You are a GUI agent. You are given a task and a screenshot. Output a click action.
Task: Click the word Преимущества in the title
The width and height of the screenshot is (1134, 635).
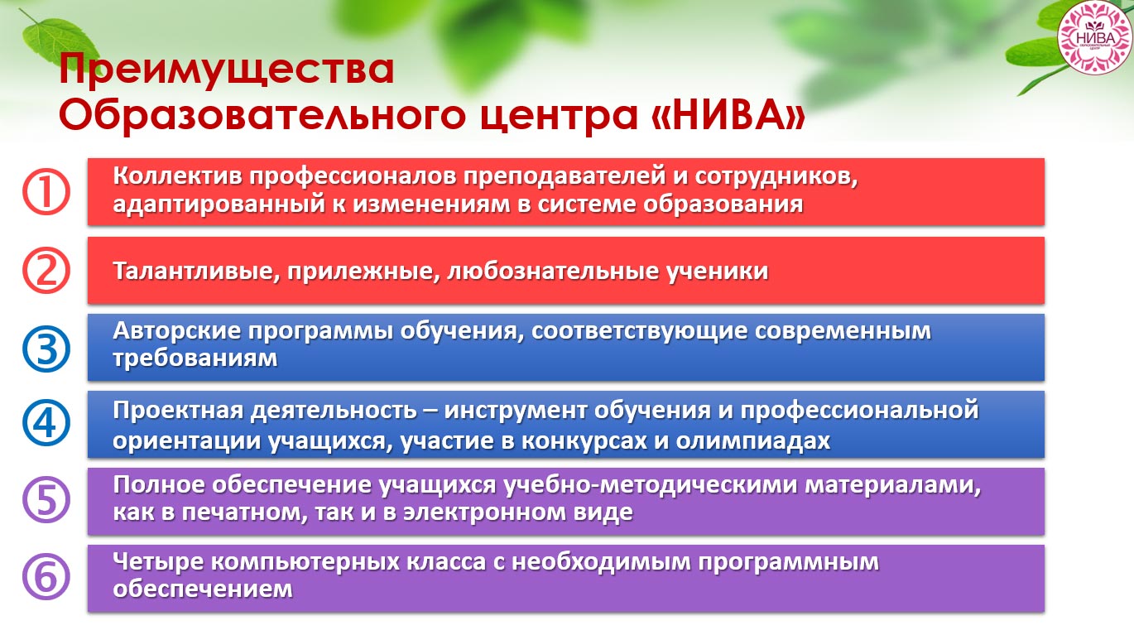226,70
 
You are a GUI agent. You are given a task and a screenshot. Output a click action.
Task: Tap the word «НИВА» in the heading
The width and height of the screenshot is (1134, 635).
728,114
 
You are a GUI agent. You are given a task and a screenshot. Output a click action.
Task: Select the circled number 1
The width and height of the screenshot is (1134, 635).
46,192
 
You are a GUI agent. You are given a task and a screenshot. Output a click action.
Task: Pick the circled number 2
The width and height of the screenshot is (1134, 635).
46,271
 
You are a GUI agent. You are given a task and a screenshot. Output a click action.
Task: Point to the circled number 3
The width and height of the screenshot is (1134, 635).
46,349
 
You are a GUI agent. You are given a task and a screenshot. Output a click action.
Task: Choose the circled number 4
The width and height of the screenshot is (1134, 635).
46,423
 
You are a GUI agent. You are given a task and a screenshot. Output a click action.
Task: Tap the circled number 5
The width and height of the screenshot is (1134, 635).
46,500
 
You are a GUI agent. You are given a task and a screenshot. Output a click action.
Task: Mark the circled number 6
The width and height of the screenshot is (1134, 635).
46,577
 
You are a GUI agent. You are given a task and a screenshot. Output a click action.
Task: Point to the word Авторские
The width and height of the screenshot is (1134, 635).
176,330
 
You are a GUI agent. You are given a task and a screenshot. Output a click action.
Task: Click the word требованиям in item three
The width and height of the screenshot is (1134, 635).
195,358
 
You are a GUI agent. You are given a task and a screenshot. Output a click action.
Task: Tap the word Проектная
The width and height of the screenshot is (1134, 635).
178,411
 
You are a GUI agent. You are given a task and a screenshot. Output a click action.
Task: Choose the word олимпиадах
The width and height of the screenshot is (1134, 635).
752,440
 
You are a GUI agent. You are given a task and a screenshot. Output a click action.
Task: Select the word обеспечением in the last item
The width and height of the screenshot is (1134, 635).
203,589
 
